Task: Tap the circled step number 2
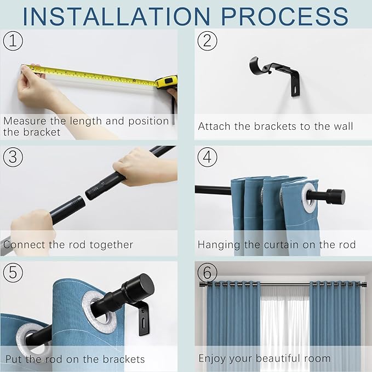(x=207, y=41)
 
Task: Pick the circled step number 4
(x=207, y=157)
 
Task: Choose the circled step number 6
(x=207, y=272)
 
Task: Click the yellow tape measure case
(x=166, y=82)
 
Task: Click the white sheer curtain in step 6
(x=285, y=323)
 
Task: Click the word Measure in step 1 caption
(x=24, y=121)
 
